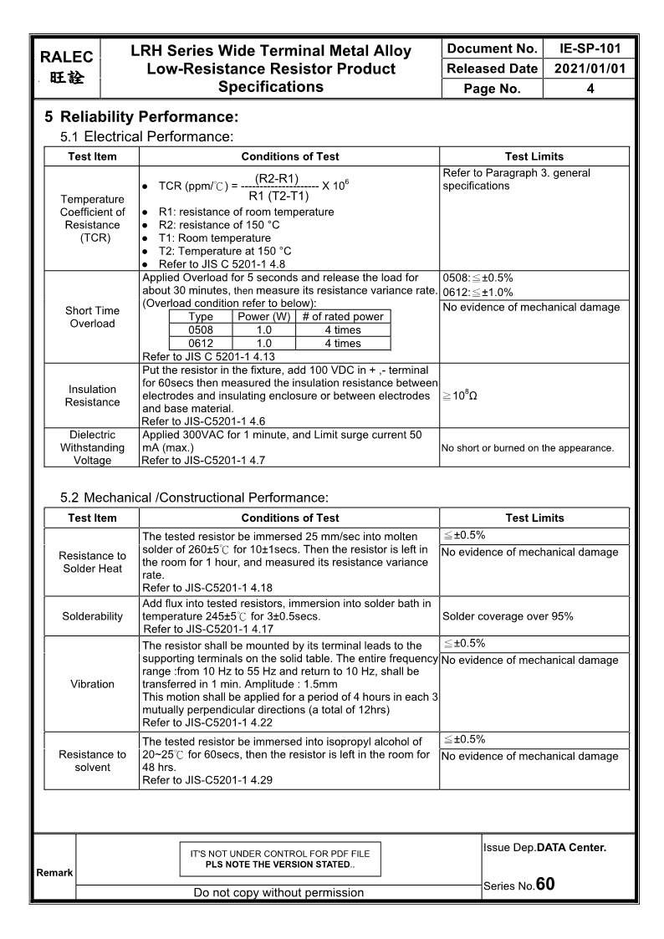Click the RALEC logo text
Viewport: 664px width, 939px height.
tap(66, 58)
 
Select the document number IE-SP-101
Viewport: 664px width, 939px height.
tap(590, 48)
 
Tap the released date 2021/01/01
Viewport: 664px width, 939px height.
tap(590, 69)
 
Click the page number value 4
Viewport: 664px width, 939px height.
tap(590, 89)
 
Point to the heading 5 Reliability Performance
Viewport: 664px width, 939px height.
tap(141, 117)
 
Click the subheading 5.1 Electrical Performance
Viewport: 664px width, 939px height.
tap(146, 135)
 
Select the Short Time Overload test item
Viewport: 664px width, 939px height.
tap(92, 317)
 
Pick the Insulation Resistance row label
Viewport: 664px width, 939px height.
tap(92, 396)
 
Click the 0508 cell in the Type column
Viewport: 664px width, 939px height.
tap(201, 330)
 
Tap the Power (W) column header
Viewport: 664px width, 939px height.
tap(263, 317)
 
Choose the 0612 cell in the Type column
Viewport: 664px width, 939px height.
tap(201, 344)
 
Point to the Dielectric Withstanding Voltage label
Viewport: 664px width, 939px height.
tap(92, 447)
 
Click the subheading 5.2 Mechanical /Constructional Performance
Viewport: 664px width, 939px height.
tap(194, 498)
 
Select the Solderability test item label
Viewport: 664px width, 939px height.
tap(92, 616)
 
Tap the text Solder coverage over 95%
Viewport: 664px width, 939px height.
tap(508, 616)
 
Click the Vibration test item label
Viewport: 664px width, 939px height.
tap(92, 684)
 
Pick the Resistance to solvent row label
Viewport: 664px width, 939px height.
tap(92, 761)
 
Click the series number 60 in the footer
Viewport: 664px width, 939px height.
tap(544, 884)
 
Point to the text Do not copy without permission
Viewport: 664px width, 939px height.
tap(278, 892)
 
